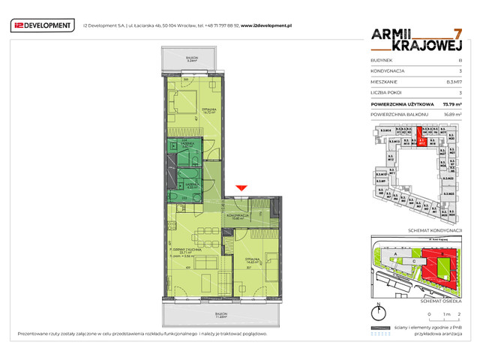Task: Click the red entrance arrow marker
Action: (241, 188)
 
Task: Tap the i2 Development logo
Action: (43, 26)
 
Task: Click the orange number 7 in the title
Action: (457, 34)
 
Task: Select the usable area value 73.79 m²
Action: (451, 104)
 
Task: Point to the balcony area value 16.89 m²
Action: (451, 113)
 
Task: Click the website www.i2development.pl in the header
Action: (266, 25)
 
